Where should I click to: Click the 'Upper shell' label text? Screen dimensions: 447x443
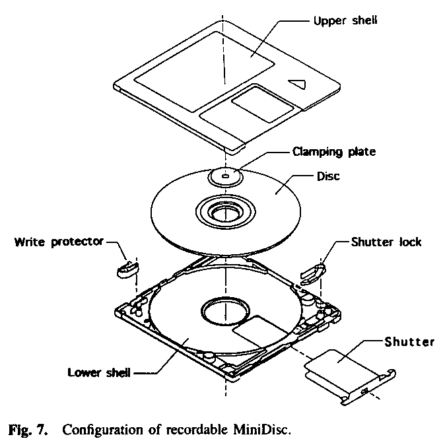[345, 21]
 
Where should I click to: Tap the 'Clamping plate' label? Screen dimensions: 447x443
[333, 151]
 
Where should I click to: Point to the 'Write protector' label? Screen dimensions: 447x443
[59, 241]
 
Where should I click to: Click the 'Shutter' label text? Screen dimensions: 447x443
[409, 341]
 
